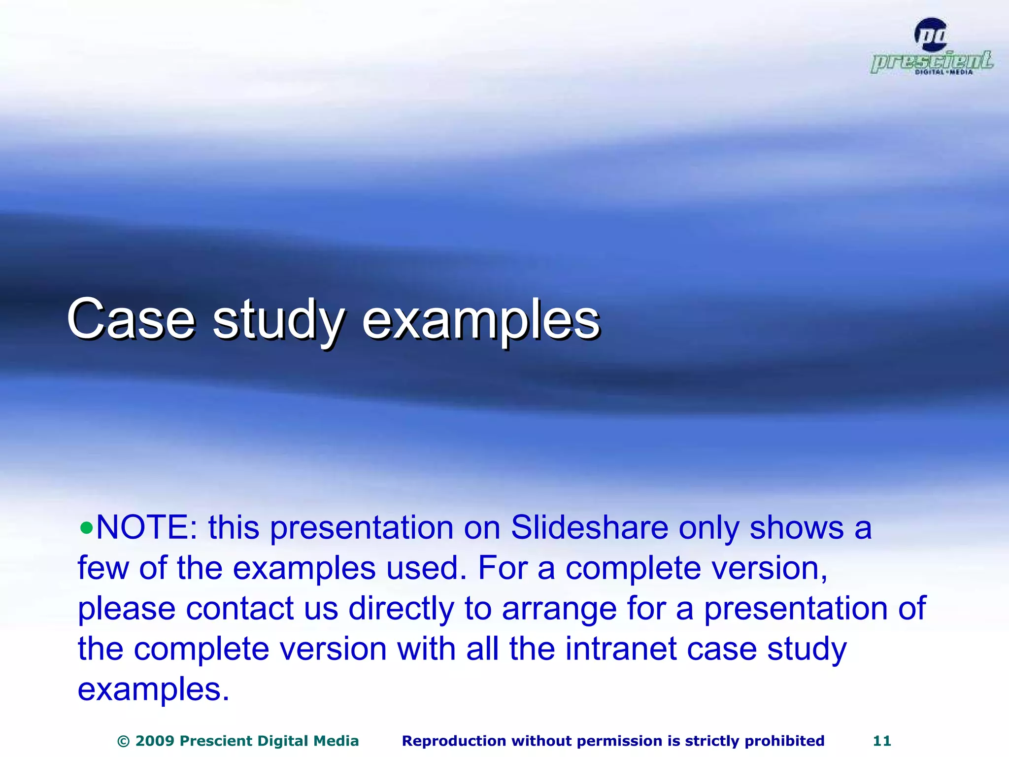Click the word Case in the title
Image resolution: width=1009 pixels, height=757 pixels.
pos(131,319)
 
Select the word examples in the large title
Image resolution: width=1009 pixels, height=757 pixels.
pos(481,321)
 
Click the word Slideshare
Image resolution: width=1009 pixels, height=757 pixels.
pos(589,528)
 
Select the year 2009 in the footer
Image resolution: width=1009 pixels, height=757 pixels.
pos(155,741)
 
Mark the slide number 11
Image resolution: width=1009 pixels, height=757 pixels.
pos(882,741)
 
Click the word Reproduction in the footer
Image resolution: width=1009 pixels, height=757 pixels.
pos(454,741)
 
